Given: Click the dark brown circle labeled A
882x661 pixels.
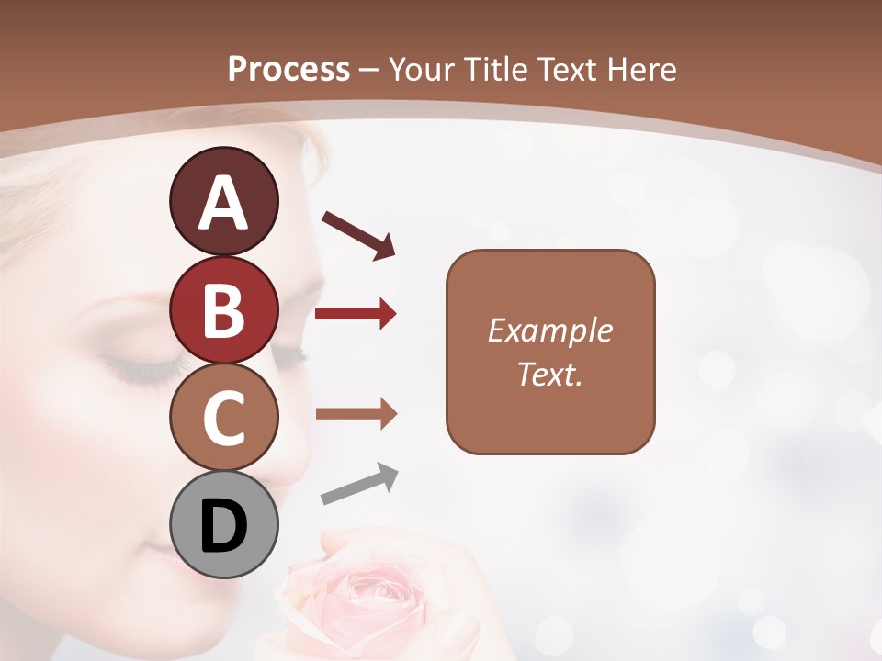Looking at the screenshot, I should [x=223, y=202].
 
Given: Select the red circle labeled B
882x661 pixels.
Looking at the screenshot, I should [x=223, y=310].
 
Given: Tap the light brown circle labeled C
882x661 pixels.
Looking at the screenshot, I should [x=223, y=418].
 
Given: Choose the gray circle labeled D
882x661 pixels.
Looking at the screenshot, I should [x=223, y=525].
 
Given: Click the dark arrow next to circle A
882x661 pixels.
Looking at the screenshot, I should [x=358, y=234].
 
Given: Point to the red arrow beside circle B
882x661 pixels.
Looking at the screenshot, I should [x=356, y=314].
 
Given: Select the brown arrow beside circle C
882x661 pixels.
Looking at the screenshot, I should [x=356, y=414].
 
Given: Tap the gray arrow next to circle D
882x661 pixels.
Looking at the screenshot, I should [x=359, y=485].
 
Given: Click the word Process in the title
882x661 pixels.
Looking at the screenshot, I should [x=288, y=69].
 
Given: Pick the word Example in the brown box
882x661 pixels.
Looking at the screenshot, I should [x=549, y=330].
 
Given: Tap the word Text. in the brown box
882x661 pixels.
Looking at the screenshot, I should [x=549, y=374].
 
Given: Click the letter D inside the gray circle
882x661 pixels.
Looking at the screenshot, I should [x=223, y=526].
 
